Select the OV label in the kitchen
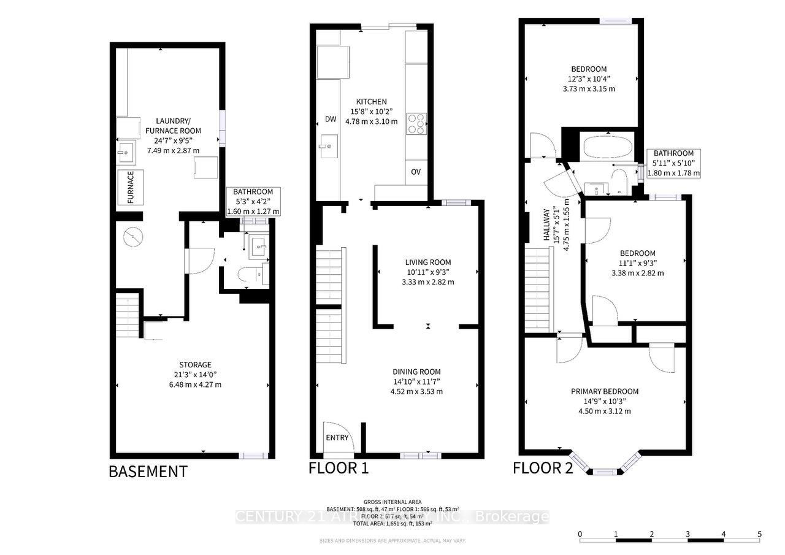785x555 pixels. coord(416,171)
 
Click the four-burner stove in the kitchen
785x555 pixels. coord(416,124)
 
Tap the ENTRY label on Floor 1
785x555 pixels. coord(337,437)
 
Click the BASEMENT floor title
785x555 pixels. coord(148,472)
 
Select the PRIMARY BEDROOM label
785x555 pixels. coord(605,391)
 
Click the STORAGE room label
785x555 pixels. coord(195,365)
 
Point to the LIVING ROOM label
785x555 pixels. coord(427,262)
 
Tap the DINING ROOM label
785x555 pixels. coord(416,372)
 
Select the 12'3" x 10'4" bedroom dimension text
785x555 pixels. coord(591,78)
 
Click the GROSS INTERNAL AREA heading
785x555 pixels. coord(392,502)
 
